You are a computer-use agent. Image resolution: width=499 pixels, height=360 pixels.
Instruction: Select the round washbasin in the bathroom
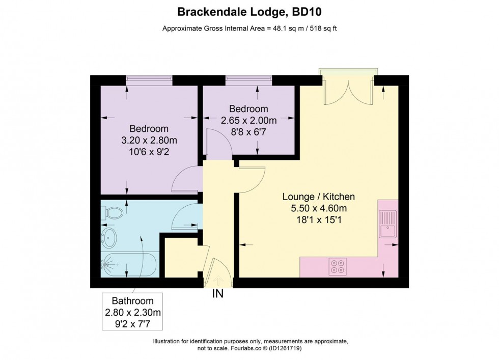[x=109, y=237]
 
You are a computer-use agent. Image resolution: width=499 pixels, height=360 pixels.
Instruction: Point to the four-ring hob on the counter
[x=338, y=266]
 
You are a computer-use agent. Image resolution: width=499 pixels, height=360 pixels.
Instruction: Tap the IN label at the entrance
[x=217, y=294]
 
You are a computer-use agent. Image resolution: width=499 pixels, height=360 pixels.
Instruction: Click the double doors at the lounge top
[x=349, y=90]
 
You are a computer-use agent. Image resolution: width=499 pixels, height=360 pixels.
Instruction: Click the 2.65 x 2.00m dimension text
[x=248, y=121]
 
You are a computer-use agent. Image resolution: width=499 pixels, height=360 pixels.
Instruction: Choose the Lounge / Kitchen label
[x=319, y=197]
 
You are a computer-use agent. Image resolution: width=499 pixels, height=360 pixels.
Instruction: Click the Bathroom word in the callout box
[x=132, y=301]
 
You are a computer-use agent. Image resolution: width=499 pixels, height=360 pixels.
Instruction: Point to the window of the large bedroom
[x=149, y=79]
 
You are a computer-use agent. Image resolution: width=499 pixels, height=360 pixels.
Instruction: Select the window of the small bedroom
[x=248, y=79]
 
